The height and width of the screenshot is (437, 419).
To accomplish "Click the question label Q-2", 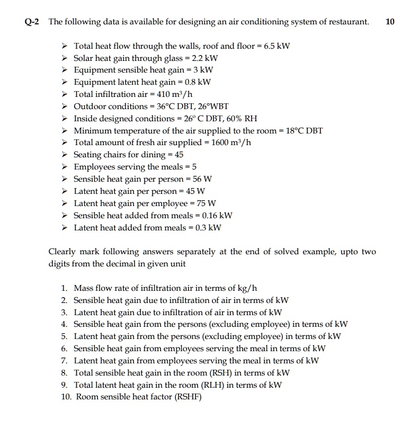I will coord(33,22).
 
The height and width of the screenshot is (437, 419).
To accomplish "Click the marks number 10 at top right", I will coord(390,22).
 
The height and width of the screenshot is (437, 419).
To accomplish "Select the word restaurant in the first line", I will coord(346,22).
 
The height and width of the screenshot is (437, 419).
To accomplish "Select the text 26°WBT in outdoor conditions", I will coord(212,106).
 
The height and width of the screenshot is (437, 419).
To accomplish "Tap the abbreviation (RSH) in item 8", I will coord(228,372).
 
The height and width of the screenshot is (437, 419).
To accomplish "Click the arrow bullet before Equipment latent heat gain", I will coord(65,82).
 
